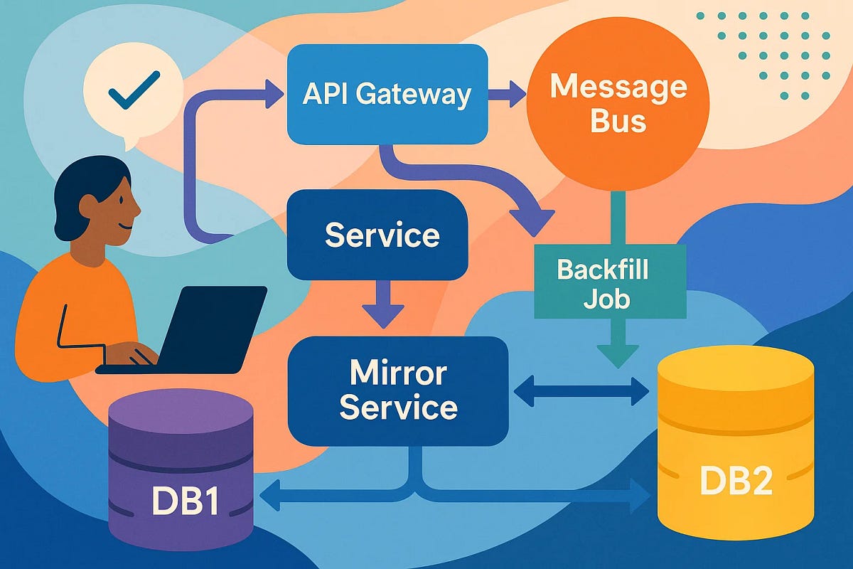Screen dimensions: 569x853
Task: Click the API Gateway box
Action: (387, 94)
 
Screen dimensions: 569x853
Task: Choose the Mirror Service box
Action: (397, 390)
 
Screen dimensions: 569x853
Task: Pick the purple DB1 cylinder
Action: (181, 473)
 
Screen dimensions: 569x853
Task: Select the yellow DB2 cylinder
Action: (735, 455)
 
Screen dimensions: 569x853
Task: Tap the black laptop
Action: (206, 327)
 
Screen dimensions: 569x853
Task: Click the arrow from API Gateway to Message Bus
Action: (507, 95)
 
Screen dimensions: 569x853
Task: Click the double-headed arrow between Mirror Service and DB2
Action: (581, 390)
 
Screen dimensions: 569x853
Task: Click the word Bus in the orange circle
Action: (618, 122)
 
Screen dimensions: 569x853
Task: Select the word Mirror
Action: (397, 373)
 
